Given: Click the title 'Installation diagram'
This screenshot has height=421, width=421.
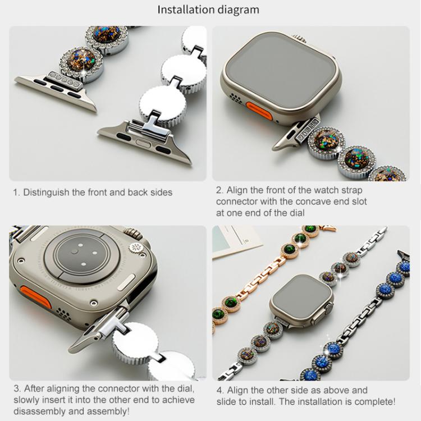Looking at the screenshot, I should point(208,10).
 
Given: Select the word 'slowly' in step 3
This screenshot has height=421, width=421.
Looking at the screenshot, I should point(26,400).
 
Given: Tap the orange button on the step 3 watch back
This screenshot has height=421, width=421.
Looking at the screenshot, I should point(36,296).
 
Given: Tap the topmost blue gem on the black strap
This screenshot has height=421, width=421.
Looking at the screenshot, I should point(403,268).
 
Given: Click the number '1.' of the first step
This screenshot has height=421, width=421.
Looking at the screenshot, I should point(17,193).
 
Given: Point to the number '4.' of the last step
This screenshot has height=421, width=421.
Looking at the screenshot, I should point(220,390).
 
